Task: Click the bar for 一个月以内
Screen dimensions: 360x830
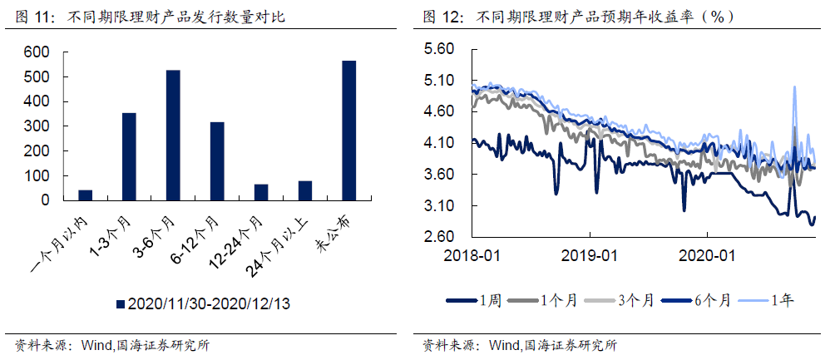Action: pyautogui.click(x=85, y=195)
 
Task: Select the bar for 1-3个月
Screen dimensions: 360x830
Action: pyautogui.click(x=129, y=157)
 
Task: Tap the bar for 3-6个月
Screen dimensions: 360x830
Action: pyautogui.click(x=173, y=136)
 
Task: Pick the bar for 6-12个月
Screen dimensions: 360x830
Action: pyautogui.click(x=217, y=161)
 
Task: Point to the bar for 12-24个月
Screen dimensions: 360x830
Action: pyautogui.click(x=261, y=192)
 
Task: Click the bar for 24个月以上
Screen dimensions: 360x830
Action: pyautogui.click(x=305, y=190)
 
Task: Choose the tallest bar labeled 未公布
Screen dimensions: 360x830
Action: pyautogui.click(x=349, y=131)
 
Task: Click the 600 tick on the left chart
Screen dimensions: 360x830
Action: pyautogui.click(x=38, y=52)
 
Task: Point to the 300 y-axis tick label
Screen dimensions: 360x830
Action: pyautogui.click(x=38, y=126)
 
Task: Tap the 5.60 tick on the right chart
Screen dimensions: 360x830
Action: pyautogui.click(x=438, y=49)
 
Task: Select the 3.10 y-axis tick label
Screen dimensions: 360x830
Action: pyautogui.click(x=438, y=206)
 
